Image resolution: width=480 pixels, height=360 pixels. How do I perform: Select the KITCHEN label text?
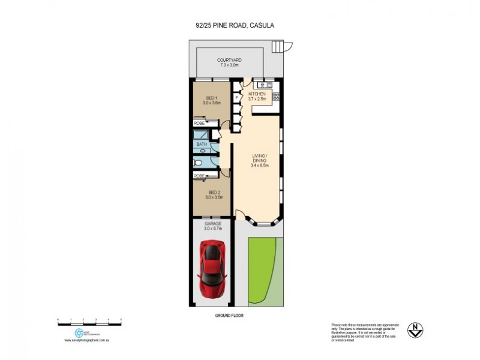[257, 94]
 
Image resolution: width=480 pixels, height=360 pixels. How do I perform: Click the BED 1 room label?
[211, 98]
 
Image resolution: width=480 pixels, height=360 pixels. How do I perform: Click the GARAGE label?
[213, 224]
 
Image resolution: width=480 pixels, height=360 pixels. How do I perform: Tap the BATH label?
[202, 145]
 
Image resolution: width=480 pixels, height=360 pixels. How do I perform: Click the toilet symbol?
[198, 162]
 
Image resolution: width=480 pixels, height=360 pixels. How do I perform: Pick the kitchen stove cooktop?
[276, 96]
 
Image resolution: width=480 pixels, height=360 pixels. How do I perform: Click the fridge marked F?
[238, 97]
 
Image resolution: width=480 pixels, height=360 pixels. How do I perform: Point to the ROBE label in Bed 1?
[199, 122]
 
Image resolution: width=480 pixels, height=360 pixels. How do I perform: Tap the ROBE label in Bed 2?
[199, 176]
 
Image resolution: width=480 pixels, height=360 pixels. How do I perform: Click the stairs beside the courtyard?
[278, 46]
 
